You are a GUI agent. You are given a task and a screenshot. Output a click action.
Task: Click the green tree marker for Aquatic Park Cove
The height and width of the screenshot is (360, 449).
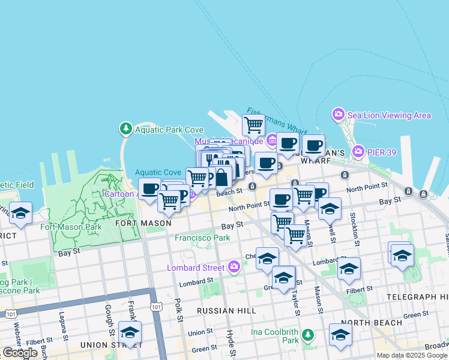(x=125, y=129)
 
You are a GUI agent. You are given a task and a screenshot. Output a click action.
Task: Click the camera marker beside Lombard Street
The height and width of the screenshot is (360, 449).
(x=234, y=266)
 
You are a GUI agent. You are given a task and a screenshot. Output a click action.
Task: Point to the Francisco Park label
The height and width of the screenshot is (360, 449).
(x=202, y=238)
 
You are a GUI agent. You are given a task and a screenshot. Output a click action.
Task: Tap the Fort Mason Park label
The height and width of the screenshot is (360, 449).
(x=71, y=227)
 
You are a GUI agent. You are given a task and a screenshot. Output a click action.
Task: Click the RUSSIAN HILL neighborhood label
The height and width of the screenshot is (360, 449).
(x=227, y=311)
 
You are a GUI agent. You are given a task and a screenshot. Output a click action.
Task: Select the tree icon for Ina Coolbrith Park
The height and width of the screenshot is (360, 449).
(x=308, y=334)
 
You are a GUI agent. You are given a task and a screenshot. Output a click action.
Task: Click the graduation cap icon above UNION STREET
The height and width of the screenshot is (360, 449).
(x=130, y=332)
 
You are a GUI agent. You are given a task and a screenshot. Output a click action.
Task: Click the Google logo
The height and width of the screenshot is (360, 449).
(x=20, y=352)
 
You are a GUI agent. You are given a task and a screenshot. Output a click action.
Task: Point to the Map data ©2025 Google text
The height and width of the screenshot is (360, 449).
(x=412, y=355)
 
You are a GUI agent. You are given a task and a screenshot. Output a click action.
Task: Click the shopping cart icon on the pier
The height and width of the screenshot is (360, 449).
(x=253, y=125)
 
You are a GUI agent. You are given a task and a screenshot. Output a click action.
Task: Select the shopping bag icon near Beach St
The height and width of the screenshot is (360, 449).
(x=221, y=177)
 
